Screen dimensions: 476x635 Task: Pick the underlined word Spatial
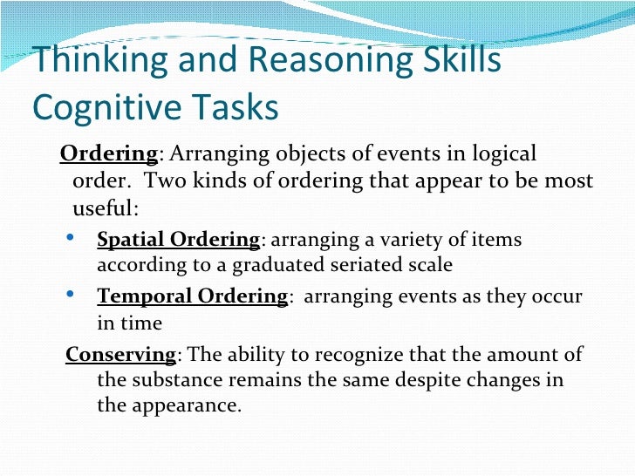[x=131, y=239]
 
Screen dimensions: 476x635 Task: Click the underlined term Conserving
[x=121, y=355]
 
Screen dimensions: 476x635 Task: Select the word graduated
[x=287, y=264]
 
